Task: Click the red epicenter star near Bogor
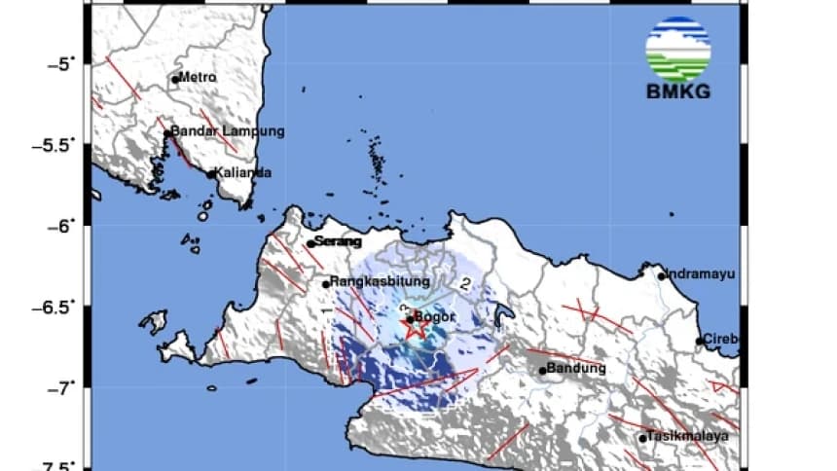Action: pos(415,329)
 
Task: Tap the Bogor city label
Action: pos(436,315)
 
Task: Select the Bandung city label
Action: pos(577,369)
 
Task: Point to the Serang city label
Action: pos(337,241)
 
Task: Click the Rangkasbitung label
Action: pos(380,282)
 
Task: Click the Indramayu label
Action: pos(703,273)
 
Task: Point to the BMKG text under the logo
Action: pos(677,93)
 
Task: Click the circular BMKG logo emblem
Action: pos(677,49)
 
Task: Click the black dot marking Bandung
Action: pos(542,371)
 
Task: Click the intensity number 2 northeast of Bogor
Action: pos(466,284)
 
